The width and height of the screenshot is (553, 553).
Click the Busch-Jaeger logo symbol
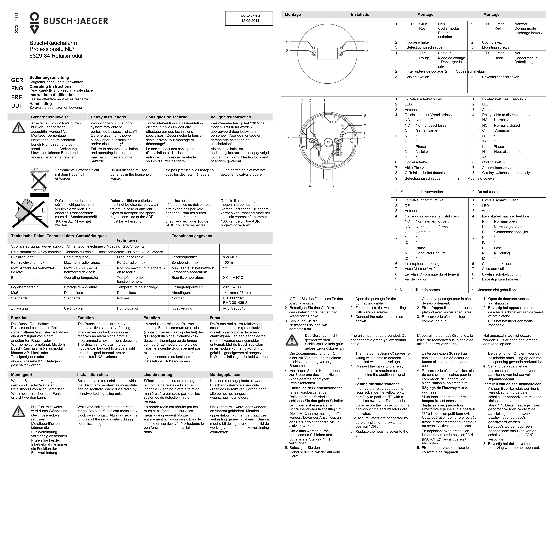click(x=35, y=23)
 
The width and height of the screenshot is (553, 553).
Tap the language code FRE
click(x=17, y=97)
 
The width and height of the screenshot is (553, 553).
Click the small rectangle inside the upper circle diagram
click(x=327, y=54)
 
